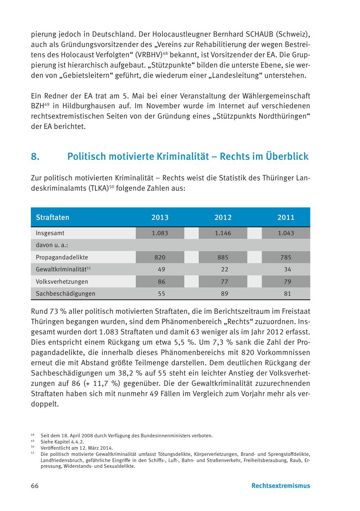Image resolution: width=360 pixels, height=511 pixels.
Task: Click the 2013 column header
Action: tap(160, 217)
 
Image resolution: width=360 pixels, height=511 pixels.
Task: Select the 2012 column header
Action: tap(223, 217)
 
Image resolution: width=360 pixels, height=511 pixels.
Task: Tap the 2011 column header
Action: tap(286, 217)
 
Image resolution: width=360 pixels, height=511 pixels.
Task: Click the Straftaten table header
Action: tap(53, 217)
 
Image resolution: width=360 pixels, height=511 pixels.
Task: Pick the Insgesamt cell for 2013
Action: tap(160, 233)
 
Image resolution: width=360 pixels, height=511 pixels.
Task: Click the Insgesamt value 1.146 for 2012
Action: tap(223, 233)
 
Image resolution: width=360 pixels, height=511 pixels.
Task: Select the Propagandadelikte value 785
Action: tap(286, 257)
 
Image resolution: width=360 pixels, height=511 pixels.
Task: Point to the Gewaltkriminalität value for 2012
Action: tap(223, 269)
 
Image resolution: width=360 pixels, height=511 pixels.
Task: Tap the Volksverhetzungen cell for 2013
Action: tap(160, 282)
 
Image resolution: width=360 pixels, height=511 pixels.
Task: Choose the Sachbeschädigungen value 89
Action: tap(223, 294)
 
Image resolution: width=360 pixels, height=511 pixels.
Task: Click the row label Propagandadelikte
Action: tap(62, 257)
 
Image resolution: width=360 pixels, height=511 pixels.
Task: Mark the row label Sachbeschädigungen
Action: tap(65, 294)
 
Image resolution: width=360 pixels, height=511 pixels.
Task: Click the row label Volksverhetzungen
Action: tap(62, 282)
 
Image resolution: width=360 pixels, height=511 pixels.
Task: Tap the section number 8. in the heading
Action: tap(35, 157)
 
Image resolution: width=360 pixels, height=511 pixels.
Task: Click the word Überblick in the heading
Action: tap(287, 157)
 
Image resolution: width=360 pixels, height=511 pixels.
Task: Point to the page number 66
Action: tap(35, 485)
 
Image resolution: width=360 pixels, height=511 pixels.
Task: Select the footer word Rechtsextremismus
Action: tap(281, 485)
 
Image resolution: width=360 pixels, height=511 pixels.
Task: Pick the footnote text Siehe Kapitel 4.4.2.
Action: tap(62, 441)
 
